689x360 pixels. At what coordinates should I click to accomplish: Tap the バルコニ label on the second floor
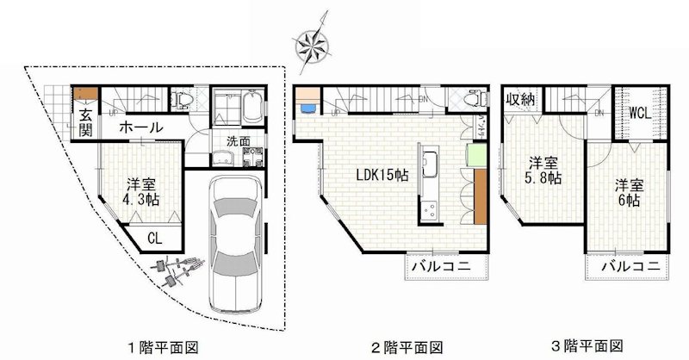pyautogui.click(x=439, y=266)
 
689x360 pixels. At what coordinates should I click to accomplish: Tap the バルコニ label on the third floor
pyautogui.click(x=630, y=265)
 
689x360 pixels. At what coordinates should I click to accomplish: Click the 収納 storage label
pyautogui.click(x=520, y=100)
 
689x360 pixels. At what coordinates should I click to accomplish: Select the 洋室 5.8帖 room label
pyautogui.click(x=543, y=170)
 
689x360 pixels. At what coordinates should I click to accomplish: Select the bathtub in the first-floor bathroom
pyautogui.click(x=251, y=110)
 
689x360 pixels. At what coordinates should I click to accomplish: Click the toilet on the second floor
pyautogui.click(x=471, y=102)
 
